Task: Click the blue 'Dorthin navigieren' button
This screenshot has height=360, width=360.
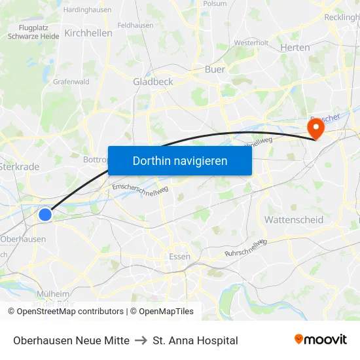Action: [x=179, y=160]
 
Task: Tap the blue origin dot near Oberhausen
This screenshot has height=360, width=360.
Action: [x=45, y=214]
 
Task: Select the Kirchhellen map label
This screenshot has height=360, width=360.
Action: [x=88, y=33]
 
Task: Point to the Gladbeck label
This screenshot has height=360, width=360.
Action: [x=153, y=82]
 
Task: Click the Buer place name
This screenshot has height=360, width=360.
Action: [x=215, y=69]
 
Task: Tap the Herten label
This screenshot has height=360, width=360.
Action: [x=295, y=47]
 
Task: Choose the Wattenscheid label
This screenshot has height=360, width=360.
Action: [x=294, y=220]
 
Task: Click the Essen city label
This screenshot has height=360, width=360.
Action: [x=179, y=256]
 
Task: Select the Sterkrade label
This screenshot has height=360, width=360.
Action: [x=20, y=167]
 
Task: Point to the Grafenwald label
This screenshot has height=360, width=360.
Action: [x=71, y=82]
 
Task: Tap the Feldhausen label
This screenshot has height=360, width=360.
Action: [x=135, y=25]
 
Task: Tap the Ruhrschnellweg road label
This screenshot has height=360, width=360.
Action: [x=245, y=247]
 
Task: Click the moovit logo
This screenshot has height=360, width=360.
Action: [x=321, y=339]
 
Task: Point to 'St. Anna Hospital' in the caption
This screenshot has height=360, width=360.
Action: [x=195, y=340]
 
